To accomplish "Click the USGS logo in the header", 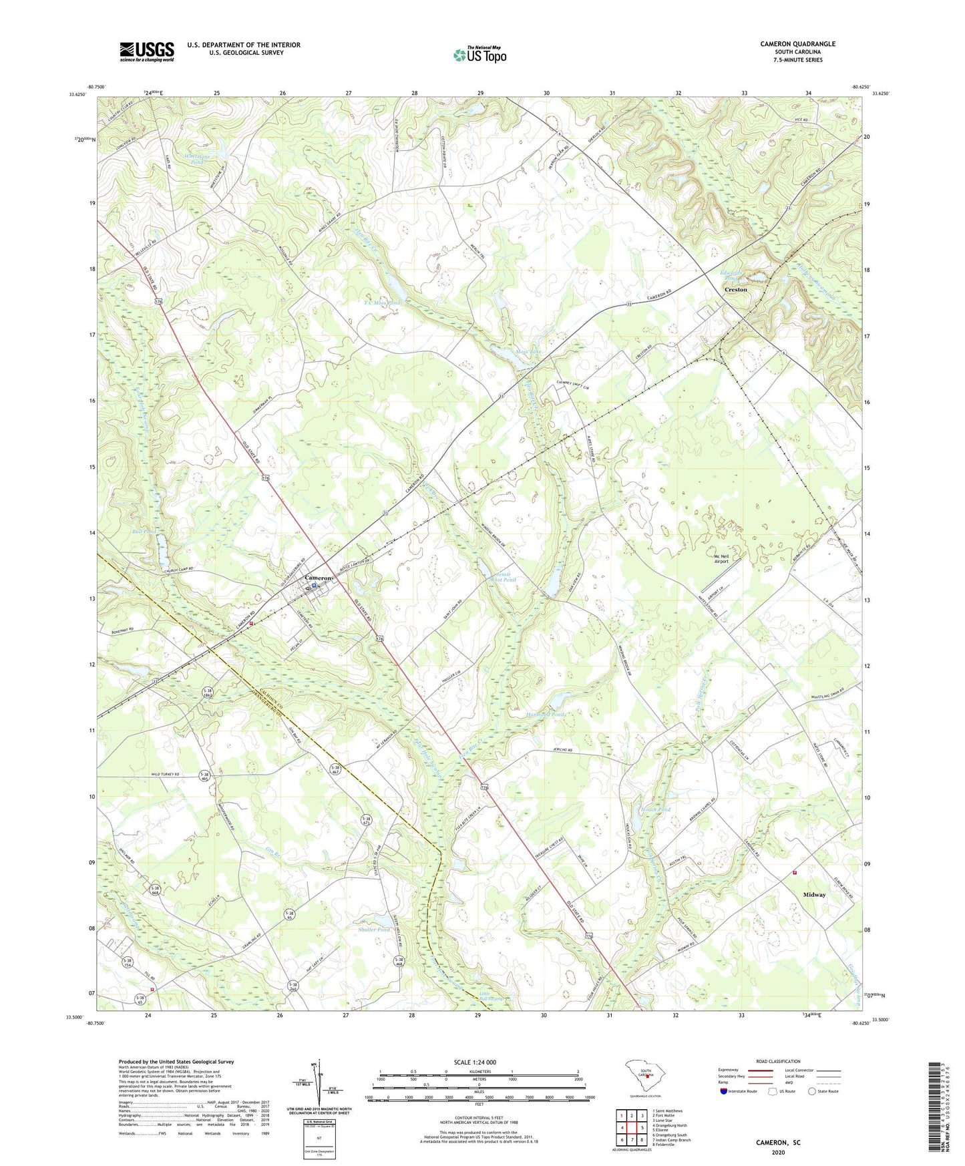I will click(146, 51).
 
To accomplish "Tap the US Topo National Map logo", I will click(479, 55).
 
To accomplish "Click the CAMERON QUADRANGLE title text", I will click(797, 44).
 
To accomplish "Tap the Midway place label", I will click(814, 894).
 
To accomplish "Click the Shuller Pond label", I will click(374, 929).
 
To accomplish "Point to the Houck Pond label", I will click(655, 809).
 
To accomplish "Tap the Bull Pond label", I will click(144, 532).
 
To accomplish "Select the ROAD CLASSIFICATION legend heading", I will click(778, 1061).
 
